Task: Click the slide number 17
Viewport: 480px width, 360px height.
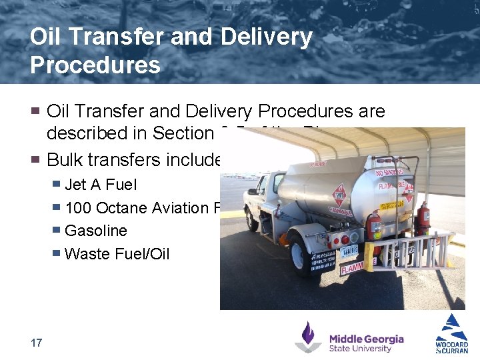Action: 37,343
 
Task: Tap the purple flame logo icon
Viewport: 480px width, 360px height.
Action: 308,337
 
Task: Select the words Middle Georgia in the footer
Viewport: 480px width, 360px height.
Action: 366,338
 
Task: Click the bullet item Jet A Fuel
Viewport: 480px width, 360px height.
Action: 100,185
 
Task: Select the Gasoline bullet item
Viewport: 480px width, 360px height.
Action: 95,231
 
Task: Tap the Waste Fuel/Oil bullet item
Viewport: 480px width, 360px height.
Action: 117,254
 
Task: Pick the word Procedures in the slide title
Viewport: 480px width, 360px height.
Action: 95,65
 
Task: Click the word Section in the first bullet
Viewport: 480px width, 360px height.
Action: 183,133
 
